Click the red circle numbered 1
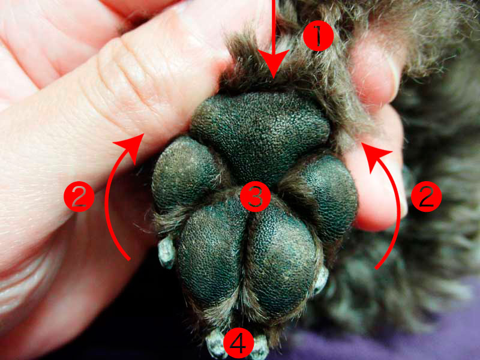[318, 36]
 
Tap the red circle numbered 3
[256, 197]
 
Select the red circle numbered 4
[239, 343]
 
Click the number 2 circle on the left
[79, 197]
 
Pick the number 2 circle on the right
[427, 197]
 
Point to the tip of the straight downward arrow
[274, 79]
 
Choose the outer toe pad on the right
[328, 196]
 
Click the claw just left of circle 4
[216, 343]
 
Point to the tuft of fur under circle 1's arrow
[272, 70]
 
